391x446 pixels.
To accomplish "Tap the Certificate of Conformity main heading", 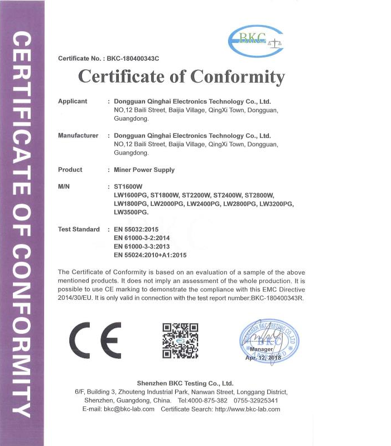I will (x=181, y=76).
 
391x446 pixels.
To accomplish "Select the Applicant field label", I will (x=73, y=101).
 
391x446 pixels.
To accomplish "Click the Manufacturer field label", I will (x=78, y=136).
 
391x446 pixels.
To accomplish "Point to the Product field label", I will (x=70, y=170).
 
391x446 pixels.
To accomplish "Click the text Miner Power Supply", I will (x=144, y=170).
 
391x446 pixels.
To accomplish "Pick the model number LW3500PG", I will (x=131, y=213).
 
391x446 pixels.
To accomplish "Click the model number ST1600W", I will (x=128, y=186).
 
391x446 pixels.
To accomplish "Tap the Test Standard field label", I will (x=79, y=229).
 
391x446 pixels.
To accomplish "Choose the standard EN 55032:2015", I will (x=136, y=229).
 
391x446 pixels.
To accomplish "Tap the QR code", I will (x=180, y=340).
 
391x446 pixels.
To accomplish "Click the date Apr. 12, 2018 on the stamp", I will (x=263, y=357).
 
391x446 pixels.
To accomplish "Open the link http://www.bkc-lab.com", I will (x=247, y=409).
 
